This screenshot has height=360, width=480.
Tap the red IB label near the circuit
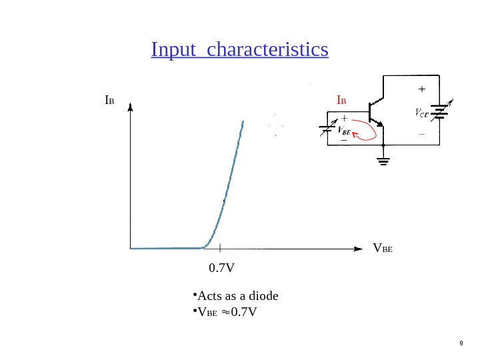[341, 101]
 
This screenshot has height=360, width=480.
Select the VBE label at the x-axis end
[383, 249]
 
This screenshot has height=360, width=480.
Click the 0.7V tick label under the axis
[222, 268]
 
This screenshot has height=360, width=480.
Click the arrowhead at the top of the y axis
[130, 107]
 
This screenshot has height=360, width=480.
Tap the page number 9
[461, 343]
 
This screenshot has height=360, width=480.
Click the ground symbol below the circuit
[383, 160]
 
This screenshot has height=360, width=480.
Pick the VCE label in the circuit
[422, 113]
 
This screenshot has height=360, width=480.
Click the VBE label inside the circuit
[345, 130]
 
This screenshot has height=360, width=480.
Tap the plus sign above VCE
[421, 89]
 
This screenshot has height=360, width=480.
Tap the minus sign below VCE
[421, 134]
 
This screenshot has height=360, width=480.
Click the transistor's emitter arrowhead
[381, 124]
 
